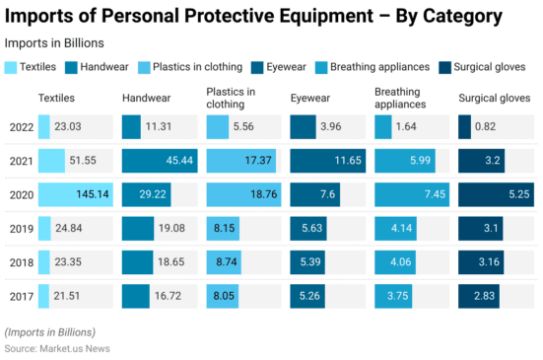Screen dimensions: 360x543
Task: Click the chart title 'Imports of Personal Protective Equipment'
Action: pos(253,17)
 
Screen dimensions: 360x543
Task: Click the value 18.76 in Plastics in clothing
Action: pos(263,195)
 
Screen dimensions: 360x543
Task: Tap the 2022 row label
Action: pos(21,126)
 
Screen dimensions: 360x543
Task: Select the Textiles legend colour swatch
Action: pos(11,67)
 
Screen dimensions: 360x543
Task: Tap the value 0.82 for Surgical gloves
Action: pos(486,126)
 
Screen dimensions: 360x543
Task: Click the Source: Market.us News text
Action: pos(57,348)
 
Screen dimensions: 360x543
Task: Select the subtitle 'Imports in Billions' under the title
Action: pos(54,43)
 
